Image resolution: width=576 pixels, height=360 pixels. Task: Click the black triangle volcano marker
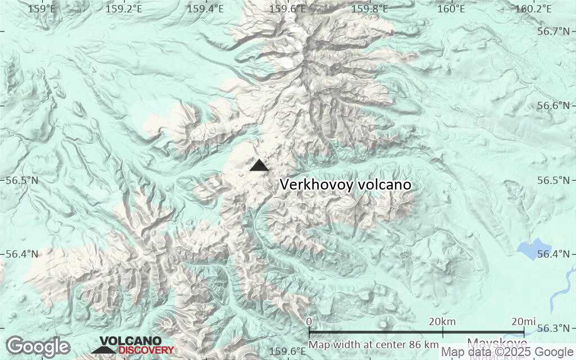tap(259, 165)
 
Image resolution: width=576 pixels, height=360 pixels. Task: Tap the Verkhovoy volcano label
tap(345, 184)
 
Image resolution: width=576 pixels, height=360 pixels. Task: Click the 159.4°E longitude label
tap(205, 8)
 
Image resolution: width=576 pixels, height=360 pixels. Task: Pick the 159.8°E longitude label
tap(370, 8)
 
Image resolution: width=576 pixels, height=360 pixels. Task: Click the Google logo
tap(38, 346)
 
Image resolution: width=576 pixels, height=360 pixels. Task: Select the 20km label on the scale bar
tap(442, 321)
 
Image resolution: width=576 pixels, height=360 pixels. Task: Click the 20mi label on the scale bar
tap(523, 321)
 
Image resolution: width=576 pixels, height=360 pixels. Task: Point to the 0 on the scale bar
tap(309, 321)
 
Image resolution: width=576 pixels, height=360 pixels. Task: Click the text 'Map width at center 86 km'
tap(373, 344)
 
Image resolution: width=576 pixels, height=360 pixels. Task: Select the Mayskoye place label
tap(497, 343)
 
